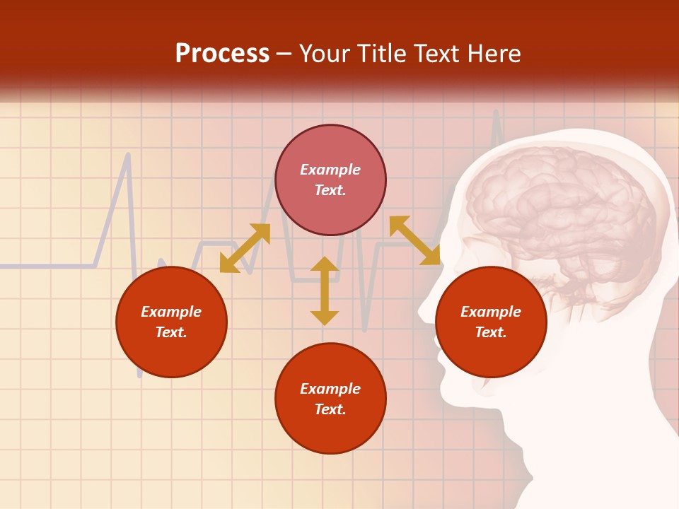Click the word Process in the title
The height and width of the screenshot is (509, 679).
222,54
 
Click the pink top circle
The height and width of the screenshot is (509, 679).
330,205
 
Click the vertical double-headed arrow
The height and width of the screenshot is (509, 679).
325,291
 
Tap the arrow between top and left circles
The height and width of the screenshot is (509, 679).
245,248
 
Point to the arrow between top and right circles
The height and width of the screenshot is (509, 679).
414,240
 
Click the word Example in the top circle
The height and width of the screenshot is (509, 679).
330,170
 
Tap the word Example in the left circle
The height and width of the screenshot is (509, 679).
171,312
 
